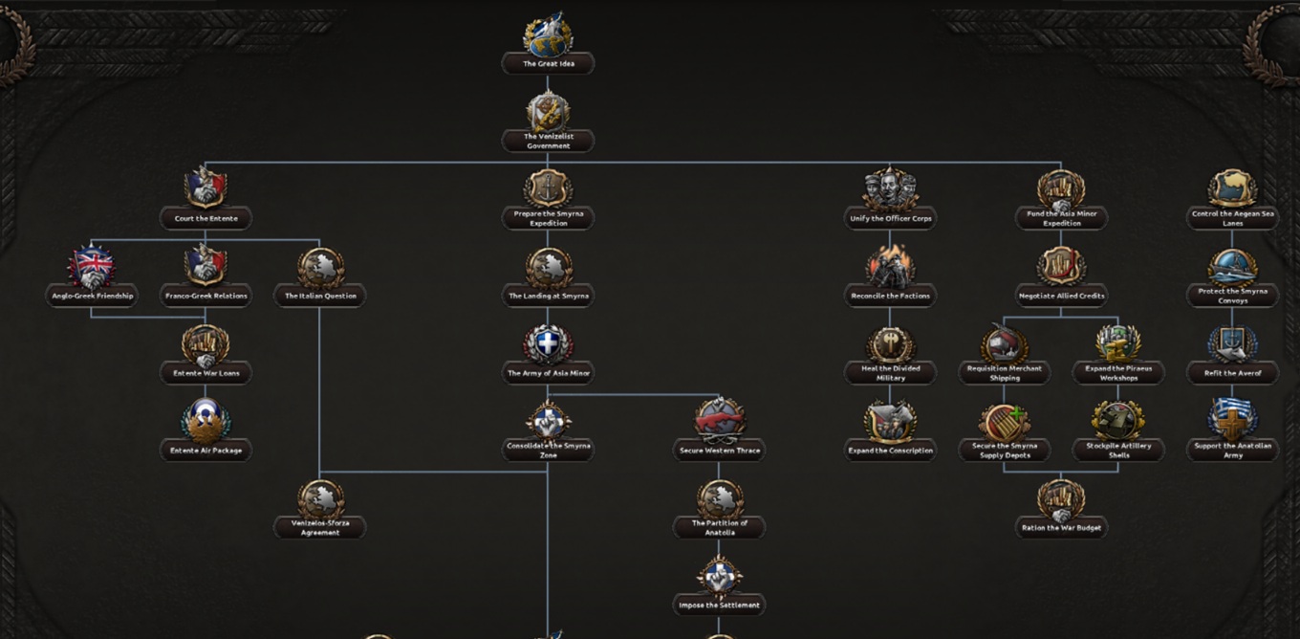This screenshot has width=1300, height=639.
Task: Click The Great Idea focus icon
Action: coord(548,33)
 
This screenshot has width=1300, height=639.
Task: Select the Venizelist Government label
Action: coord(549,142)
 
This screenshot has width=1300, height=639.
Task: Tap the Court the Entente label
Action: coord(206,218)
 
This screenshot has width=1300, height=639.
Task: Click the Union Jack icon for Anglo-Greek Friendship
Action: coord(92,266)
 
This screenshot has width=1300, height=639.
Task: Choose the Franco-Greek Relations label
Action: coord(206,296)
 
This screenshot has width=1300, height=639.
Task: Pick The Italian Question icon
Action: coord(320,268)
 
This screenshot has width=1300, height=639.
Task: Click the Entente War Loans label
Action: coord(206,373)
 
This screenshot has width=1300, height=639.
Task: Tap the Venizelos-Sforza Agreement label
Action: coord(320,527)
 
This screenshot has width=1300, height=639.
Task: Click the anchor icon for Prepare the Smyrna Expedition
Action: coord(548,188)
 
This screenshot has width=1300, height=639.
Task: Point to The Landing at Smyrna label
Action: coord(549,296)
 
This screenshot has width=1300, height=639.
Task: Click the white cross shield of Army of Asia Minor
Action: coord(548,344)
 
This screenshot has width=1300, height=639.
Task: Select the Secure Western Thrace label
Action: coord(720,451)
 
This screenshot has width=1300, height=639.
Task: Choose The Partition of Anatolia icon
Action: coord(720,499)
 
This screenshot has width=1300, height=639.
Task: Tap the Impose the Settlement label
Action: coord(720,605)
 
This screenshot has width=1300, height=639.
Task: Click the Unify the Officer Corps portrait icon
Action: coord(890,188)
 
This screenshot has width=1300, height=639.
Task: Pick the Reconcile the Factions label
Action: coord(890,296)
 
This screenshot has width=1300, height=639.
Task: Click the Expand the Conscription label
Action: coord(890,451)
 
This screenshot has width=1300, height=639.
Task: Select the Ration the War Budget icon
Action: coord(1061,499)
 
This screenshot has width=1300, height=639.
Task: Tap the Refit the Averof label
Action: coord(1233,373)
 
